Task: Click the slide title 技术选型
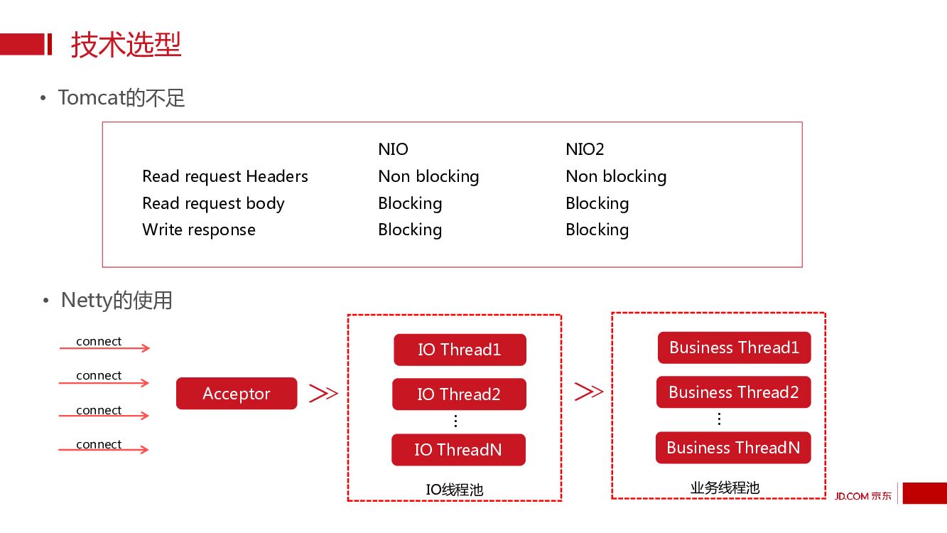(126, 45)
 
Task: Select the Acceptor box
(237, 394)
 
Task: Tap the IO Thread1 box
(460, 350)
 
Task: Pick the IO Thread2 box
(459, 394)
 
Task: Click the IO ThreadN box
(458, 450)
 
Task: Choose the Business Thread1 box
(734, 348)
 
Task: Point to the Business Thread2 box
(733, 392)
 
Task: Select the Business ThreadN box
(733, 448)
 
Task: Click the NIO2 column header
(585, 149)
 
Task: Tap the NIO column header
(393, 149)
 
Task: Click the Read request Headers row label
(225, 176)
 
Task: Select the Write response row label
(199, 230)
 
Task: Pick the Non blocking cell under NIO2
(616, 176)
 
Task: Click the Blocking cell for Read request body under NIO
(410, 203)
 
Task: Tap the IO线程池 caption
(455, 490)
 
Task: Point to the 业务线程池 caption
(725, 488)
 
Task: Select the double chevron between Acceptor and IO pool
(323, 393)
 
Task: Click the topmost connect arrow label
(99, 341)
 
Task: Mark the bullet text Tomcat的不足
(121, 97)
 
